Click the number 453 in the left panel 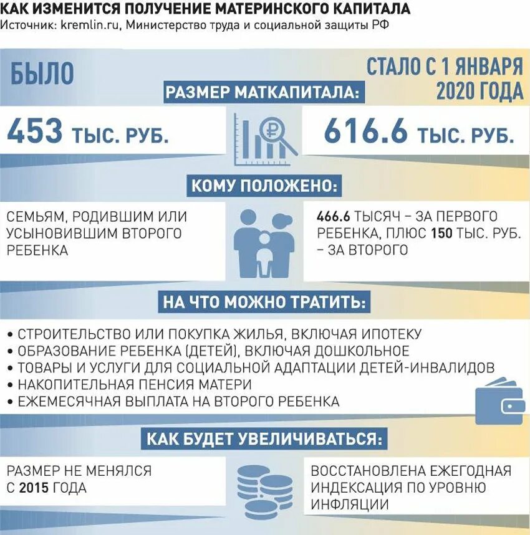tap(36, 132)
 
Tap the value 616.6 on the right tap(365, 132)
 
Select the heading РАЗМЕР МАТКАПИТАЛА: tap(263, 93)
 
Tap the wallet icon tap(499, 402)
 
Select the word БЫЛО tap(42, 74)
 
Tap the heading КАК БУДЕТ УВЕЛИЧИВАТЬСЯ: tap(263, 438)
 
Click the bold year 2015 tap(34, 488)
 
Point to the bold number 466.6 tap(334, 217)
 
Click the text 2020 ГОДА tap(479, 91)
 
